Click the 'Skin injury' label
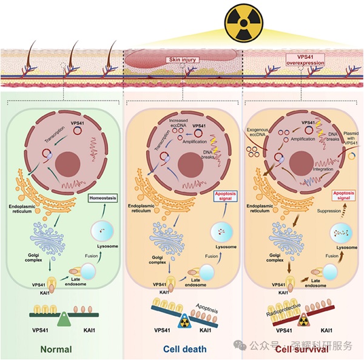pos(182,60)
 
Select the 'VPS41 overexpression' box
pos(305,60)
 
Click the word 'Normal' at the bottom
pos(55,349)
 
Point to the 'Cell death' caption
pos(184,349)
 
